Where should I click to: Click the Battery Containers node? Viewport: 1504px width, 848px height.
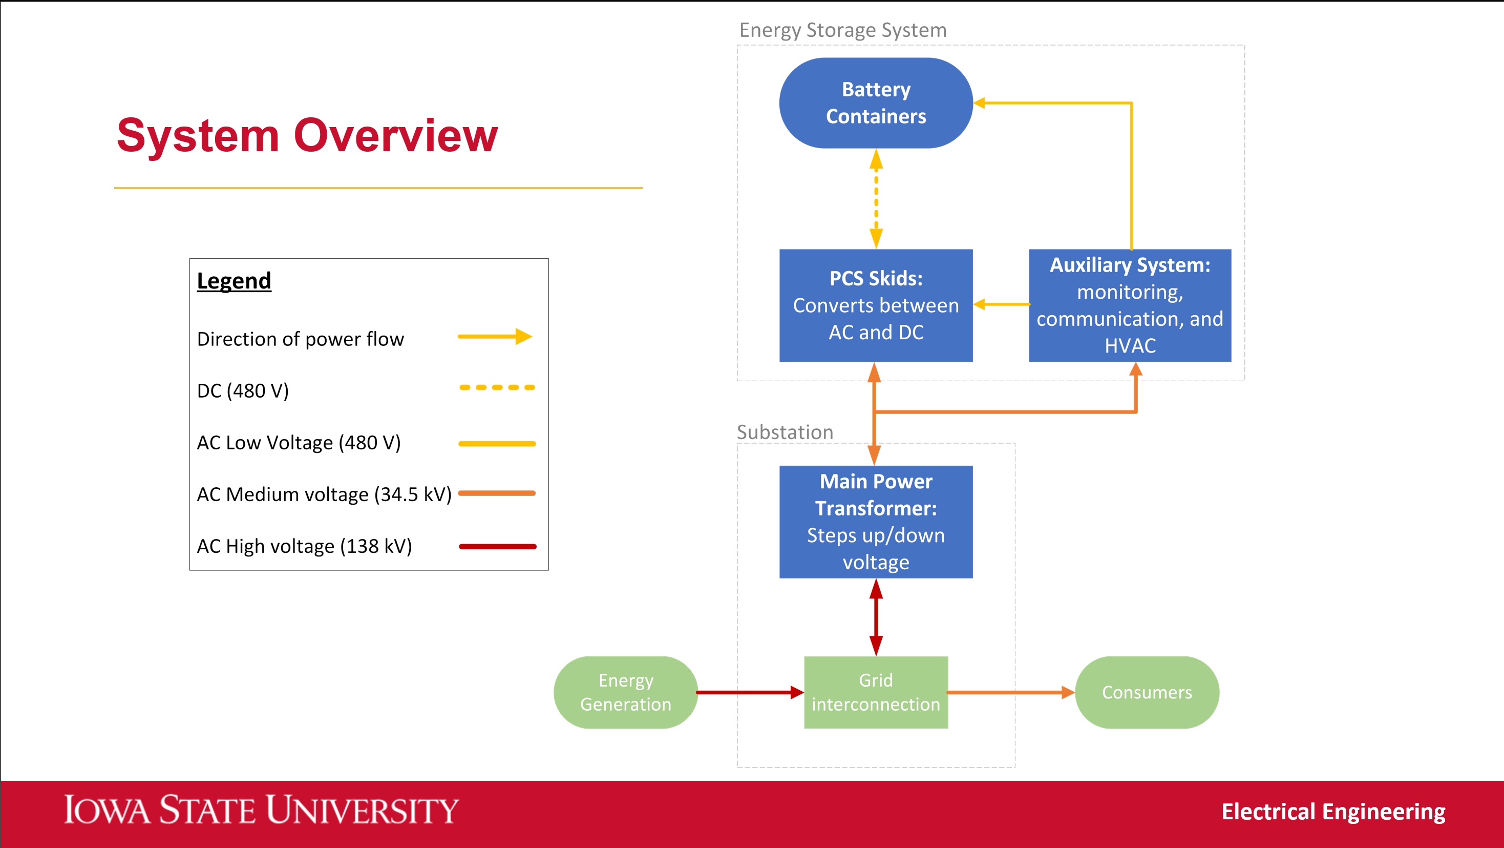coord(876,103)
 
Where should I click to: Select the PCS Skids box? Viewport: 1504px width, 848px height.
coord(876,305)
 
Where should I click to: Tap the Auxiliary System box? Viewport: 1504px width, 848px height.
coord(1130,305)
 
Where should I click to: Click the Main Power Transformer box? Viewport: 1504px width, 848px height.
coord(876,522)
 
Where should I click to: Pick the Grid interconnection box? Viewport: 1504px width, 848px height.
coord(876,692)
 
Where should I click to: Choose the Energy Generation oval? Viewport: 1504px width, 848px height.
coord(625,692)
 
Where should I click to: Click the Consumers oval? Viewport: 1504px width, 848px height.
coord(1147,692)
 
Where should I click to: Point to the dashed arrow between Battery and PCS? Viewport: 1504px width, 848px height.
coord(876,199)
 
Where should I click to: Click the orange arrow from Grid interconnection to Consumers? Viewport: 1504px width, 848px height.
coord(1010,692)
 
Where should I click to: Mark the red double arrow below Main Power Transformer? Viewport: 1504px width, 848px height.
coord(876,617)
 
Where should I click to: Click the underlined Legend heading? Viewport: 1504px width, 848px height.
coord(234,281)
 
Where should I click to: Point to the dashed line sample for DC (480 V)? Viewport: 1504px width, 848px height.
coord(497,387)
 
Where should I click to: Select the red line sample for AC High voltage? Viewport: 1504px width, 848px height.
coord(497,547)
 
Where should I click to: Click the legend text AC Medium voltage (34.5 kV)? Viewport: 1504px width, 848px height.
coord(324,494)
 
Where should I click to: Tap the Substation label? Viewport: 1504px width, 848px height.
coord(785,432)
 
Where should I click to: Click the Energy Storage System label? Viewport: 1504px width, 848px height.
coord(842,30)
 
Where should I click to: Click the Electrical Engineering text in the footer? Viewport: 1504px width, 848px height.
coord(1333,812)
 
